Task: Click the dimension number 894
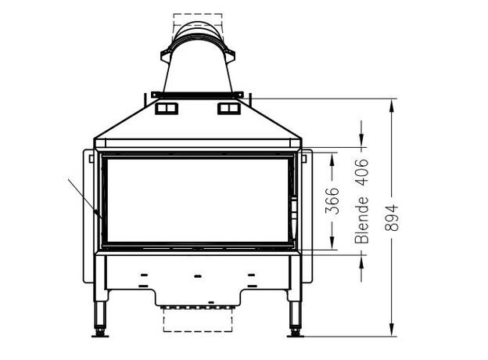click(x=392, y=218)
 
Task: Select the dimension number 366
click(x=332, y=201)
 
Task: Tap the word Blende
click(x=362, y=221)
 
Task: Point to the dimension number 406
click(x=362, y=172)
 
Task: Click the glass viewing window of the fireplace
click(x=198, y=200)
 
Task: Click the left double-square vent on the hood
click(x=167, y=108)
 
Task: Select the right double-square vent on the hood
click(x=228, y=108)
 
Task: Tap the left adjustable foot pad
click(x=100, y=335)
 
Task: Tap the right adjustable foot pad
click(x=295, y=335)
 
